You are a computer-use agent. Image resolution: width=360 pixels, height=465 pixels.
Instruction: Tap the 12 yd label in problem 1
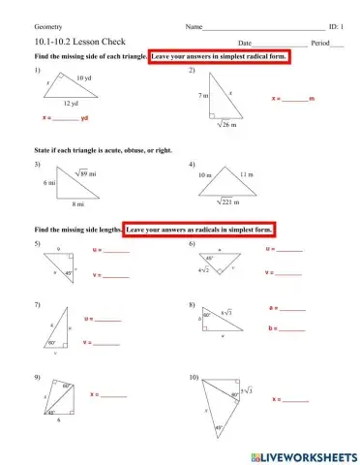click(71, 103)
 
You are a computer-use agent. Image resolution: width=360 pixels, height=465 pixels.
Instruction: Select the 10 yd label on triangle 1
click(84, 77)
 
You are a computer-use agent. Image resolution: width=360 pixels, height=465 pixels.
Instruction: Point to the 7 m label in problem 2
click(203, 96)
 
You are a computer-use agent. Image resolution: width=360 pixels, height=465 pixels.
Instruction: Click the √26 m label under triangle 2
click(226, 124)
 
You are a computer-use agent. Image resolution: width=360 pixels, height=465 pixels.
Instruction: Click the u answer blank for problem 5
click(116, 250)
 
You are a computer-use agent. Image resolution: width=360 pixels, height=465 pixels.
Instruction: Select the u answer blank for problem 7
click(108, 319)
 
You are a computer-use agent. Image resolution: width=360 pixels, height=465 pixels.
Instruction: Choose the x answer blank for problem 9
click(113, 394)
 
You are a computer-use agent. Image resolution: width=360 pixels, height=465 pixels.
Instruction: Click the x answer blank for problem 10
click(295, 398)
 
